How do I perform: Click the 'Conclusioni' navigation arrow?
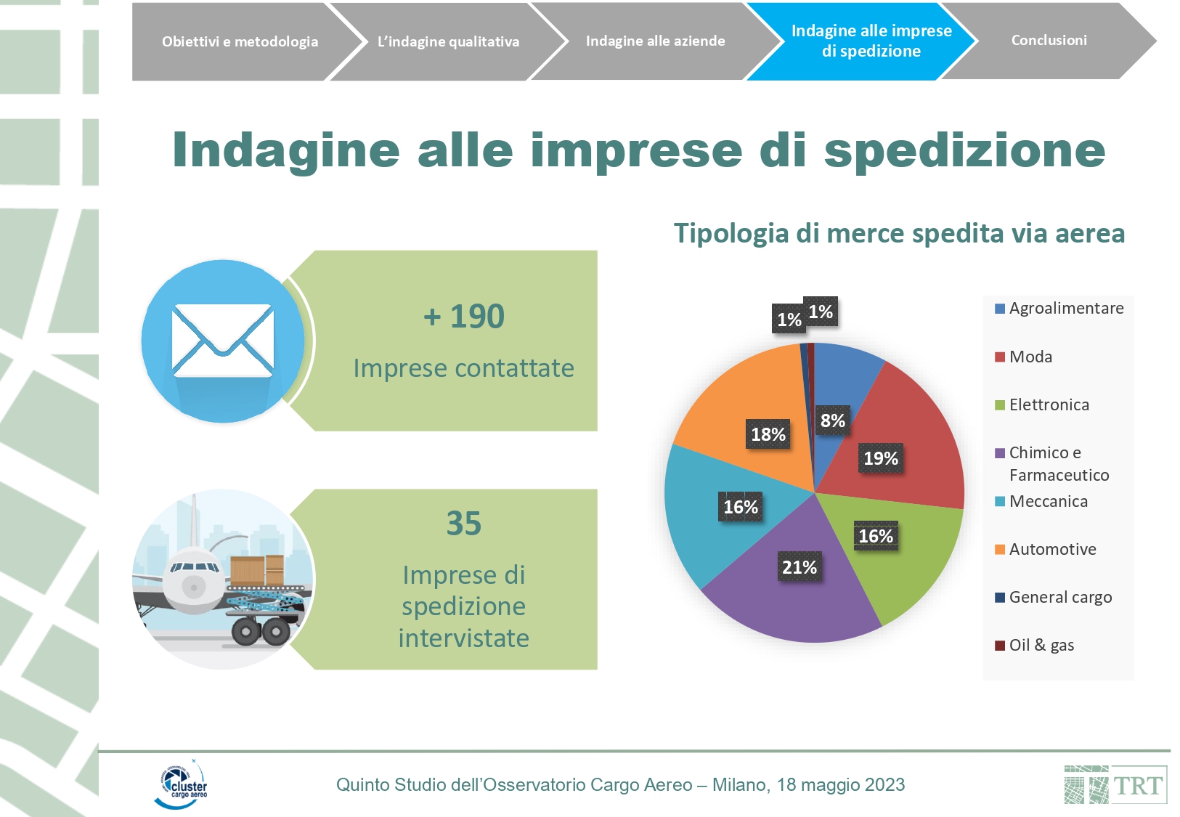(x=1049, y=41)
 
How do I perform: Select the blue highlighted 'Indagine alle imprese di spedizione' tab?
(x=864, y=41)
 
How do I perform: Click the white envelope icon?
(x=223, y=341)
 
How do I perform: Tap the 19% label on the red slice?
(x=881, y=458)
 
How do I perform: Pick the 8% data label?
(x=832, y=420)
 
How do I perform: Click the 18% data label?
(x=768, y=434)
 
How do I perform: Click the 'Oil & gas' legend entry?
(x=1034, y=646)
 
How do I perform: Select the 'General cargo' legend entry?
(x=1053, y=597)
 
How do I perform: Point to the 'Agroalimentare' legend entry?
(x=1059, y=308)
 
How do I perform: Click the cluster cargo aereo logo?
(x=182, y=784)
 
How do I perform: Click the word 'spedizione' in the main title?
(x=964, y=152)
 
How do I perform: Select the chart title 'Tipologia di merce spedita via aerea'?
(x=899, y=233)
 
